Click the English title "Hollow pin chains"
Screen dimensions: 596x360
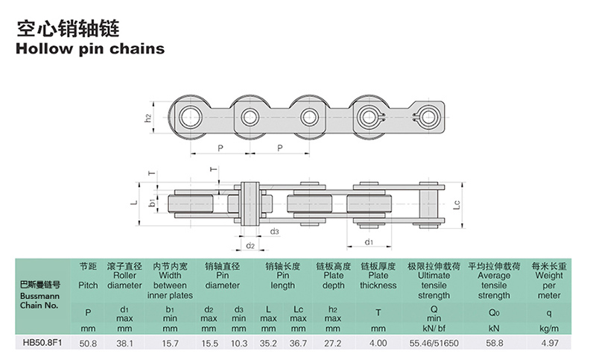pyautogui.click(x=90, y=49)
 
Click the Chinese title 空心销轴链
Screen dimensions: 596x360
pyautogui.click(x=69, y=29)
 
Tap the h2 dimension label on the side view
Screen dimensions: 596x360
pyautogui.click(x=148, y=119)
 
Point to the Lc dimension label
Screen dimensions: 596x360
pyautogui.click(x=457, y=204)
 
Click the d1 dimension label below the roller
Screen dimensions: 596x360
pyautogui.click(x=369, y=241)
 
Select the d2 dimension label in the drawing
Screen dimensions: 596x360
pyautogui.click(x=250, y=245)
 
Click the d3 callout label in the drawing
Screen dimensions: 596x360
pyautogui.click(x=274, y=231)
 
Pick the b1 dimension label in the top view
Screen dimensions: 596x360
pyautogui.click(x=152, y=202)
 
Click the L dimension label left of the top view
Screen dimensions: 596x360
pyautogui.click(x=134, y=202)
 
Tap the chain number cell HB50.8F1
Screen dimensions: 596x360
pyautogui.click(x=42, y=343)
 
